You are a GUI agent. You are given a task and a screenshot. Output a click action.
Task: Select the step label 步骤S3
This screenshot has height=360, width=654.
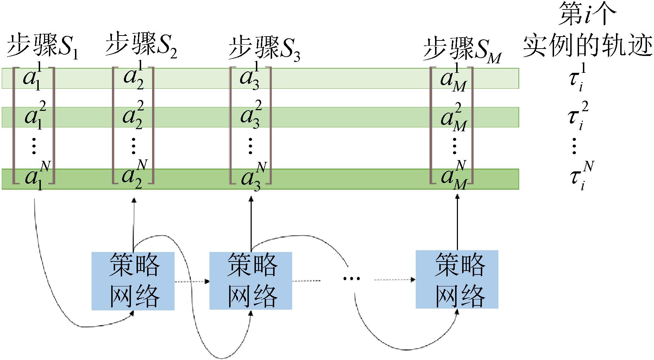point(264,49)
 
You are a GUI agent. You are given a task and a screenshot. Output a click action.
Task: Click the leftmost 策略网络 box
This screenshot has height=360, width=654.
point(133,280)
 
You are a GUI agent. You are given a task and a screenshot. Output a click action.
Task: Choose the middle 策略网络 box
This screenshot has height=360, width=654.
point(251,280)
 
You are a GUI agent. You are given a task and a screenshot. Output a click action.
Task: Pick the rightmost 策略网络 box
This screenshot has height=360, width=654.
point(457,279)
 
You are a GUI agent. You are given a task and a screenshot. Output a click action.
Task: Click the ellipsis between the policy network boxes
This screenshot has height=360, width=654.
point(351,279)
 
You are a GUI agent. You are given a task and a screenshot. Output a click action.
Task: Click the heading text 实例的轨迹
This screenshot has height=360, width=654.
point(587,46)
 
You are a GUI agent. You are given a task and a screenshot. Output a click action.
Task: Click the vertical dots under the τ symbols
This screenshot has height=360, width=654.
point(574,146)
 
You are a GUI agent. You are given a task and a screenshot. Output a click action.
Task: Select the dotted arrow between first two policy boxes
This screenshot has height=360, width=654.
point(192,282)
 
